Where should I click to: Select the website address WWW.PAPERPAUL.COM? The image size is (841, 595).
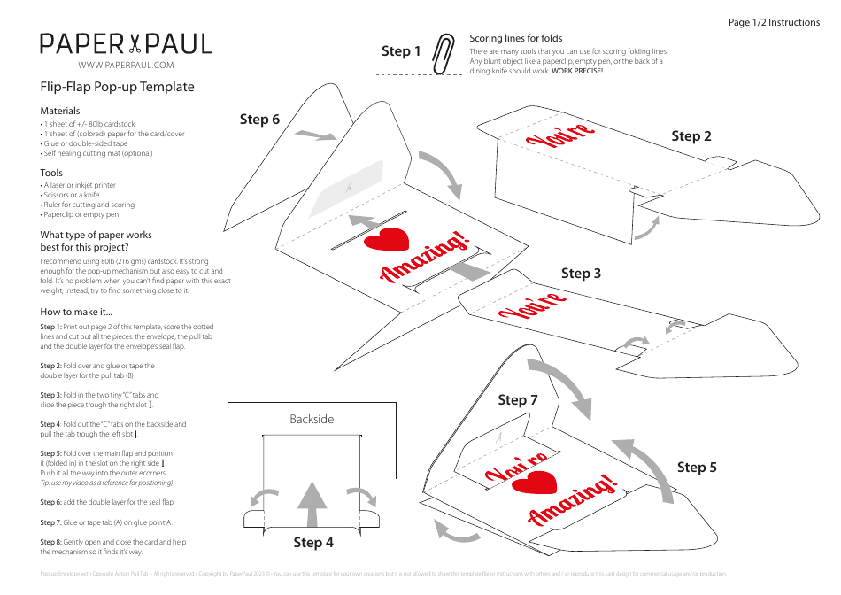point(126,66)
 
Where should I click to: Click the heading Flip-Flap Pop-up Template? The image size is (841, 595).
point(117,87)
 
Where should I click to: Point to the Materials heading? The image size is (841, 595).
point(60,111)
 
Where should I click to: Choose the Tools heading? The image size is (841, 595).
point(51,173)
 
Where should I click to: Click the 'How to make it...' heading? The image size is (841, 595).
point(76,312)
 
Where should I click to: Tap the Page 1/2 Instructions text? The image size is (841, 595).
point(774,22)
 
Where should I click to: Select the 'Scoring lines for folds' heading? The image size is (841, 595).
point(515,39)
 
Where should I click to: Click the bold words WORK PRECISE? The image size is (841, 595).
point(577,71)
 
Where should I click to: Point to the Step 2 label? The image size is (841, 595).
point(691,135)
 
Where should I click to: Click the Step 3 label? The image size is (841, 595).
point(581,273)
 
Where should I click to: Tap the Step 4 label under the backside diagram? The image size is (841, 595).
point(313,542)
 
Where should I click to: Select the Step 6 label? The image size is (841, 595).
point(259,119)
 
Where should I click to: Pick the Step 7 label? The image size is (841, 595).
point(518,399)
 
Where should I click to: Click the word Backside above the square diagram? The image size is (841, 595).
point(312,419)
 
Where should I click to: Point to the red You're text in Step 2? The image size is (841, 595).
point(559,137)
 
